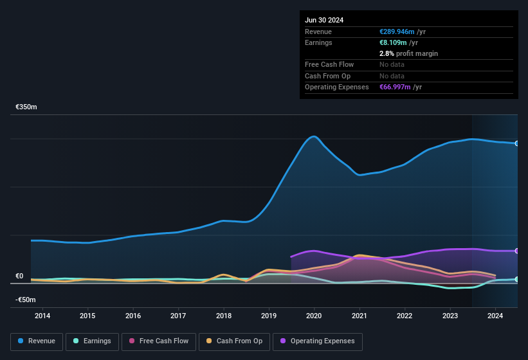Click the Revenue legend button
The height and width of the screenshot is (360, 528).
pyautogui.click(x=37, y=341)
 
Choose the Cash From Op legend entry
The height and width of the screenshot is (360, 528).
pyautogui.click(x=234, y=341)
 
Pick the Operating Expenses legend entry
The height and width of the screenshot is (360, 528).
pyautogui.click(x=318, y=341)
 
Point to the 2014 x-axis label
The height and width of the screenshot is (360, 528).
pyautogui.click(x=42, y=316)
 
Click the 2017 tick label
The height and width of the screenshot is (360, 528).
pyautogui.click(x=178, y=316)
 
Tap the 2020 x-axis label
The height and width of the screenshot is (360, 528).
pyautogui.click(x=314, y=316)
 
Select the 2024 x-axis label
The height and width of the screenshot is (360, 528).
pyautogui.click(x=495, y=316)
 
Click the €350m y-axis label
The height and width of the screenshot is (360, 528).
pyautogui.click(x=26, y=107)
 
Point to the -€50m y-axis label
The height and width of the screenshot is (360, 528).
pyautogui.click(x=25, y=300)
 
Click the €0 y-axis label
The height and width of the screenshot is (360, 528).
pyautogui.click(x=19, y=276)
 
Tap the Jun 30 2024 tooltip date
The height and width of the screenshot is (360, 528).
pyautogui.click(x=324, y=20)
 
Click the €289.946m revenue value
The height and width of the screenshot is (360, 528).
pyautogui.click(x=397, y=32)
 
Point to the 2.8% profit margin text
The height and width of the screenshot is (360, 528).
pyautogui.click(x=408, y=53)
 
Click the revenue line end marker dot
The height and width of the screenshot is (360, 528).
pyautogui.click(x=517, y=143)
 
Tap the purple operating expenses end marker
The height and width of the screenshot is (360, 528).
pyautogui.click(x=517, y=251)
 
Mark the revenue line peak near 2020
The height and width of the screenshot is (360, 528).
pyautogui.click(x=314, y=136)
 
